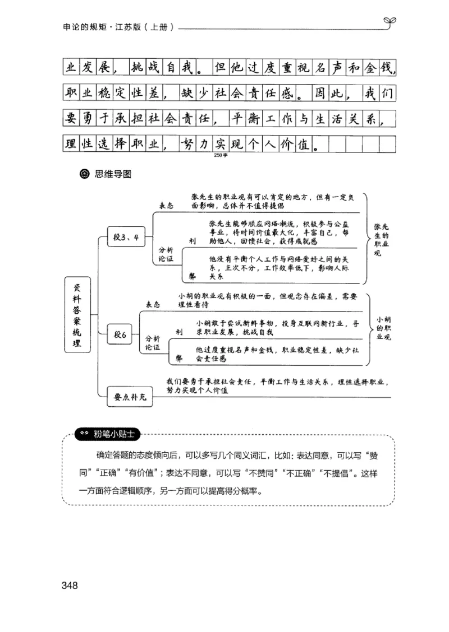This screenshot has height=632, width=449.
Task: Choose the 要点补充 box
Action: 130,397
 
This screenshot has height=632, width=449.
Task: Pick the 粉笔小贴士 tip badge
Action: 109,434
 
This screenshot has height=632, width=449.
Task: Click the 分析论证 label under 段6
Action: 153,343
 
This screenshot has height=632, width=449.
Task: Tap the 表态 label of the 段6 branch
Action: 153,304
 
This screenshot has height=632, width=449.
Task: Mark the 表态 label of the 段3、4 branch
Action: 166,206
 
